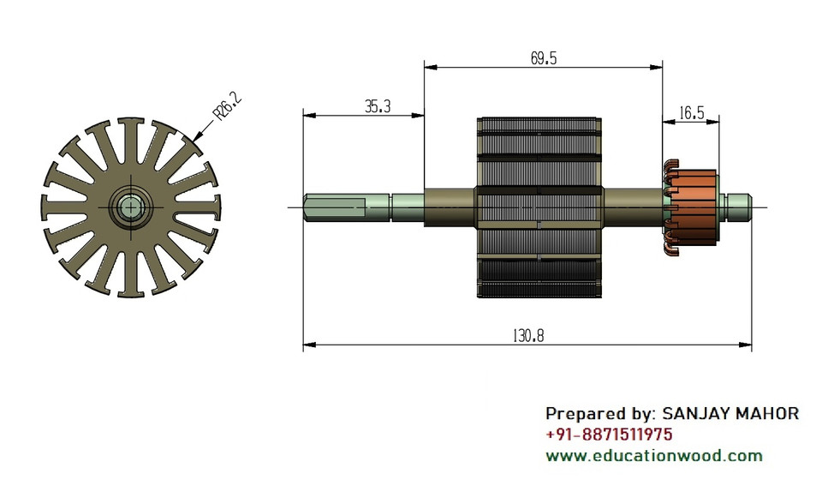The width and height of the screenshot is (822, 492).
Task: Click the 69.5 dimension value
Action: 544,58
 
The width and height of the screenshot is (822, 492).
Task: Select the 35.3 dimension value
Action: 378,106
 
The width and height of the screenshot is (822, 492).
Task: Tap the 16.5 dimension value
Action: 692,112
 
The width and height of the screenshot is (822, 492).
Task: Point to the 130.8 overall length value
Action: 528,336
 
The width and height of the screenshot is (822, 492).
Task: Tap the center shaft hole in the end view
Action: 130,207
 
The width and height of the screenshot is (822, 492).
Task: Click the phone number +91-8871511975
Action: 609,435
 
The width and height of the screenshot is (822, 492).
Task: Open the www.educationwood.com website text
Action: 654,455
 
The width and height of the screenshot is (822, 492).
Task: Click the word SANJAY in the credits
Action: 696,414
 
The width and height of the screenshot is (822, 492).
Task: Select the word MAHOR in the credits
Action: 768,414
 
